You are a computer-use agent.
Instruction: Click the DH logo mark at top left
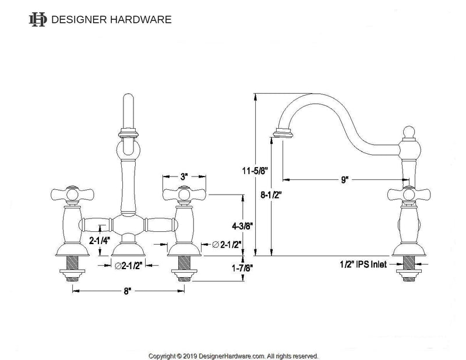coord(37,19)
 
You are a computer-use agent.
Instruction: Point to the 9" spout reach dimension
coord(345,180)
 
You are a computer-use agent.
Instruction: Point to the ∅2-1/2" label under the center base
coord(128,266)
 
